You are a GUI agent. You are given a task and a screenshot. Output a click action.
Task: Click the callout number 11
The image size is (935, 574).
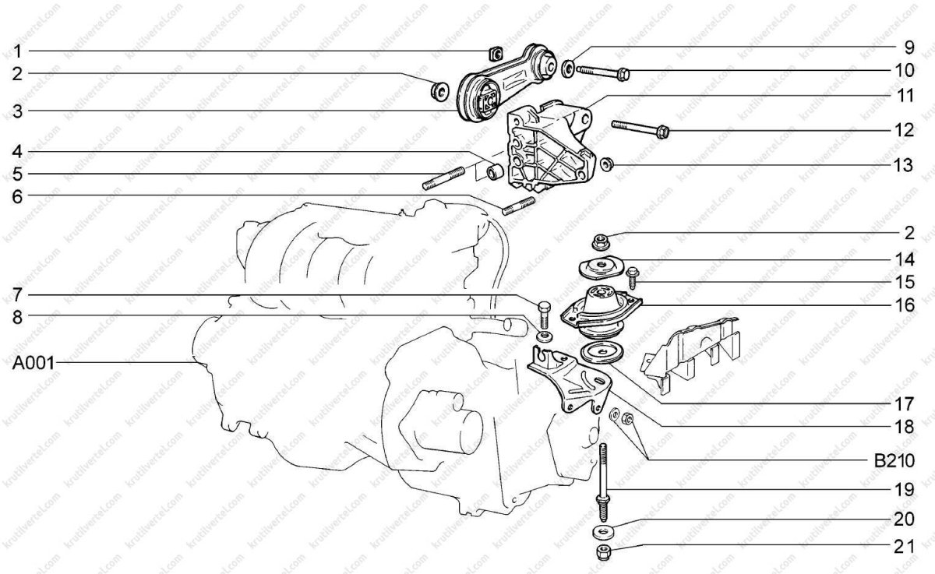pos(904,96)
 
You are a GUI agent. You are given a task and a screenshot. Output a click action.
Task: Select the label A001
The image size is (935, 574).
pos(34,364)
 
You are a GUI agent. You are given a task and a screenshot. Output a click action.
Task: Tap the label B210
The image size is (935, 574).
pos(894,461)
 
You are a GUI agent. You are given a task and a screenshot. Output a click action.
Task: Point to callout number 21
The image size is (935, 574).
pos(904,547)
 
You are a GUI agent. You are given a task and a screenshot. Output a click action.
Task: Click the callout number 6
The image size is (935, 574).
pos(17,196)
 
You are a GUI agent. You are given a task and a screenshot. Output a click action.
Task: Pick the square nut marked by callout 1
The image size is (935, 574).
pos(495,54)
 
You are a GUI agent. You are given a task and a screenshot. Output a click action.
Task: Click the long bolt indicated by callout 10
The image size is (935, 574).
pos(603,72)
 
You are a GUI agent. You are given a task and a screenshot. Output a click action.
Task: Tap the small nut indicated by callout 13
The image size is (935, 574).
pos(606,164)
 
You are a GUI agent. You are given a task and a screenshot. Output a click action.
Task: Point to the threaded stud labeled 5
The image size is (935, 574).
pos(443,178)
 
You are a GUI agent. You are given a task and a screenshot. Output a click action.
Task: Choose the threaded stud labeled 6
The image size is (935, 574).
pos(518,206)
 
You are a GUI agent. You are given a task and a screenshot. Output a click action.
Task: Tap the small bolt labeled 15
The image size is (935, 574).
pos(632,277)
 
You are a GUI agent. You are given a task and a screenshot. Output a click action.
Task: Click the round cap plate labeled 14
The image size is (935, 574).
pos(601,266)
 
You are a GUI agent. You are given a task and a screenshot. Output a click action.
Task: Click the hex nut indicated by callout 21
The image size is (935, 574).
pos(604,552)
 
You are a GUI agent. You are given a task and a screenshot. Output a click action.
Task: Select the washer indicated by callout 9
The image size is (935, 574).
pos(568,69)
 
